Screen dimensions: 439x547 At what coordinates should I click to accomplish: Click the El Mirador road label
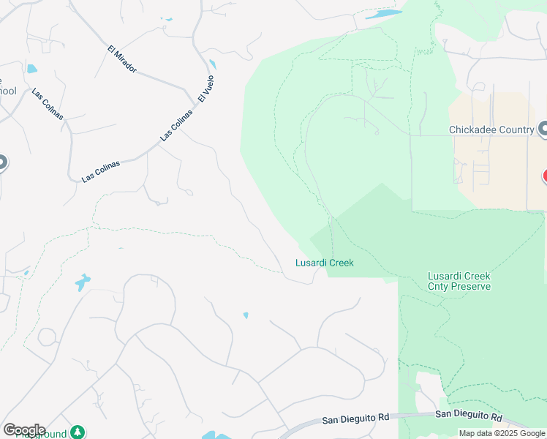pyautogui.click(x=122, y=59)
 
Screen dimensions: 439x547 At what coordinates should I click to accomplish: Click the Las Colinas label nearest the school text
pyautogui.click(x=48, y=104)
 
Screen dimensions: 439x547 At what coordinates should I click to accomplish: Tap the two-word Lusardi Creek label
pyautogui.click(x=324, y=263)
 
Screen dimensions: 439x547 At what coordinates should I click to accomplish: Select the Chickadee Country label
pyautogui.click(x=491, y=130)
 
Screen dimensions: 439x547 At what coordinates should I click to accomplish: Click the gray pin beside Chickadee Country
pyautogui.click(x=543, y=130)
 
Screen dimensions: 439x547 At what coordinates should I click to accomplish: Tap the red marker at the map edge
pyautogui.click(x=544, y=176)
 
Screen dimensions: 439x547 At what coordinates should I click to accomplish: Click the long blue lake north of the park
pyautogui.click(x=383, y=14)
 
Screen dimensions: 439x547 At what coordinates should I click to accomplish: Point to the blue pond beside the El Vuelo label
pyautogui.click(x=213, y=64)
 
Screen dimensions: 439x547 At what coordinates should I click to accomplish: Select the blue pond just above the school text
pyautogui.click(x=31, y=70)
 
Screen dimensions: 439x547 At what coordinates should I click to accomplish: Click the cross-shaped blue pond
pyautogui.click(x=83, y=282)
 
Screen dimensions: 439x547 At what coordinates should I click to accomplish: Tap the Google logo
pyautogui.click(x=24, y=430)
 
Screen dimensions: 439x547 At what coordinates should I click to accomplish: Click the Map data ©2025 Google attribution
pyautogui.click(x=502, y=433)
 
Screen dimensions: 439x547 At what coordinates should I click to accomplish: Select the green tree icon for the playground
pyautogui.click(x=76, y=432)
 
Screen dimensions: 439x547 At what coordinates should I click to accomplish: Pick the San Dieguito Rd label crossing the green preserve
pyautogui.click(x=469, y=416)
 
